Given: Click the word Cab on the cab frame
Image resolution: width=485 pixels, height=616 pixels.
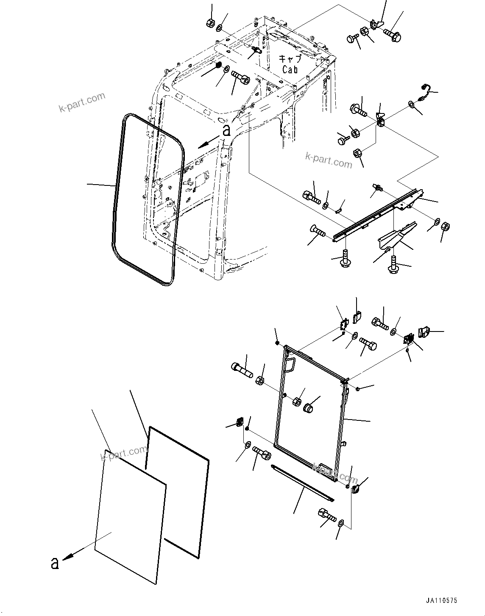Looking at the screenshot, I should click(x=290, y=69).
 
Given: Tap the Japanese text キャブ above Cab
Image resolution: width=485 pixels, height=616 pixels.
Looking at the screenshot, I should click(x=290, y=58).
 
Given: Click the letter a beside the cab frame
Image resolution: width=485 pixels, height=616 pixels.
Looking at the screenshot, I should click(x=227, y=130).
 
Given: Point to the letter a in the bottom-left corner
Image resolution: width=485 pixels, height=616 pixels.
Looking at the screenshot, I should click(x=54, y=564).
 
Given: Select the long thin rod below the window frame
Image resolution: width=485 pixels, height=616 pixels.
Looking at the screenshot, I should click(x=302, y=483).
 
